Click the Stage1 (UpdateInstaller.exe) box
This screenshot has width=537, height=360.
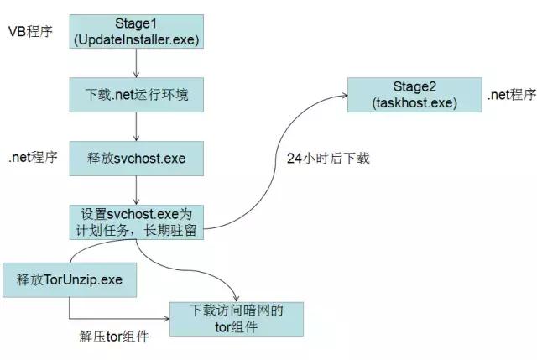(135, 32)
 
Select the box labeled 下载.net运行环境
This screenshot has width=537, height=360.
(135, 95)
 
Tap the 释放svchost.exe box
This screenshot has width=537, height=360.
(135, 158)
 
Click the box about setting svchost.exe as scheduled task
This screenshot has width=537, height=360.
(135, 222)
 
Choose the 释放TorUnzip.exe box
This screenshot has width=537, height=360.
(69, 280)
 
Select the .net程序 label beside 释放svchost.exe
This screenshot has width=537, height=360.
(33, 156)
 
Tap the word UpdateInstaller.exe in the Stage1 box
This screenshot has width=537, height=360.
(135, 39)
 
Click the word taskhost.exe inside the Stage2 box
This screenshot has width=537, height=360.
(414, 103)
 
